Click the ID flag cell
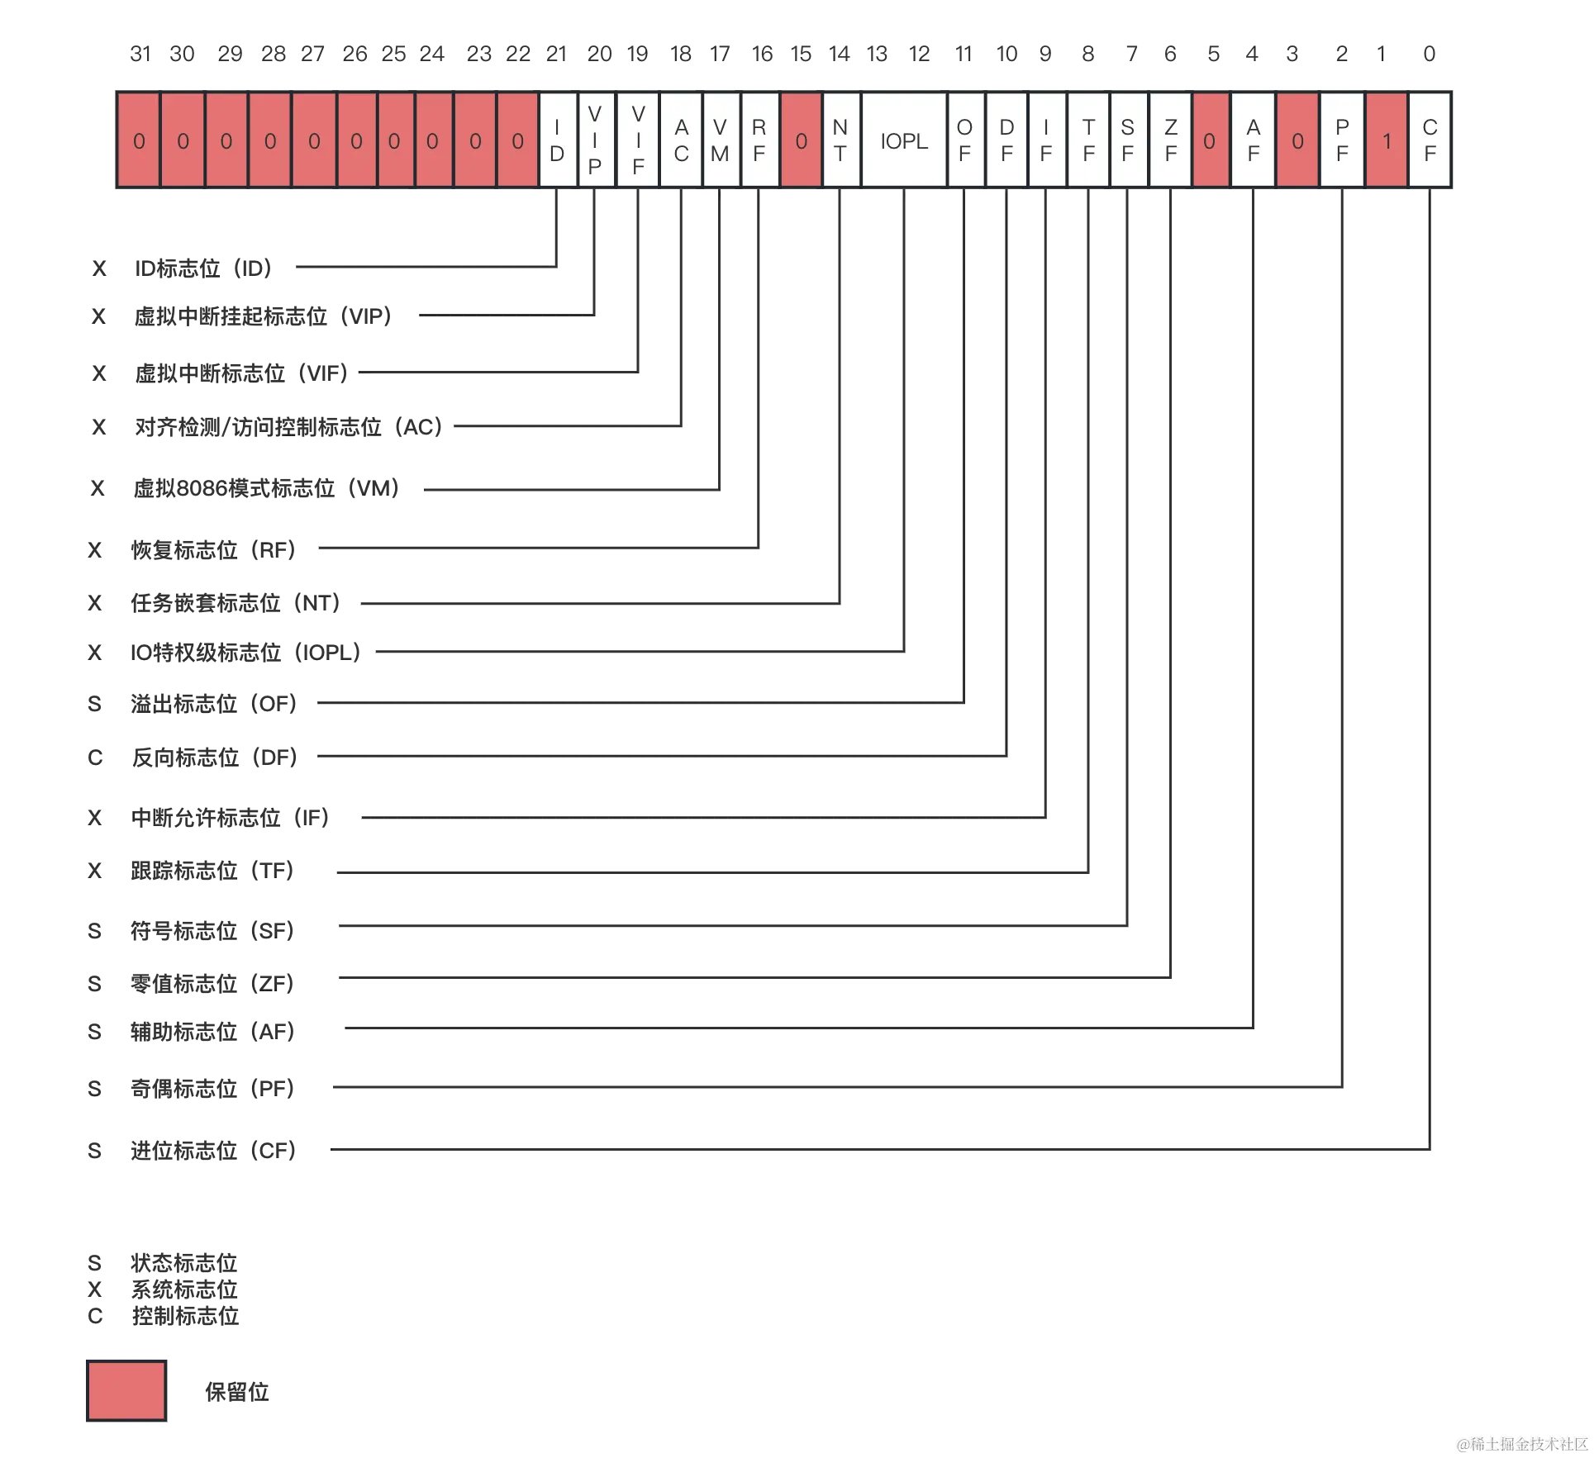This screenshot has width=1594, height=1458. [557, 140]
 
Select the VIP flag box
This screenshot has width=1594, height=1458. [595, 140]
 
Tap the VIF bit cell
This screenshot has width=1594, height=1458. [638, 140]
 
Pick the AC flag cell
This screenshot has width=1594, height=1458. [681, 140]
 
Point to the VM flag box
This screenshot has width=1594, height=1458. [720, 140]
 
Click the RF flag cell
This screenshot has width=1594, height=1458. [759, 140]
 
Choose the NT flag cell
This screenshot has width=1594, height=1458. [840, 140]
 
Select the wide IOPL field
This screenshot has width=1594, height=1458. [904, 140]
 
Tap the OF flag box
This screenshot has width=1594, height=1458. [964, 140]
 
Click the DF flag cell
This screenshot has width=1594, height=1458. [1006, 140]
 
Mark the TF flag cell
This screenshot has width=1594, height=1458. [1088, 140]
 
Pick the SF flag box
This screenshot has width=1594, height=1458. [1128, 140]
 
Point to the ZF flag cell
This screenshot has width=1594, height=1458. [1170, 140]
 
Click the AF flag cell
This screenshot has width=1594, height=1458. [1253, 140]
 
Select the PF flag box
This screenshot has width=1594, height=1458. [1342, 140]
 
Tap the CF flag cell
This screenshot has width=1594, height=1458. [1430, 140]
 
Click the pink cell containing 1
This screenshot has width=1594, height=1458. [1387, 140]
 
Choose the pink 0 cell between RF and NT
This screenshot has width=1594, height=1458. [801, 140]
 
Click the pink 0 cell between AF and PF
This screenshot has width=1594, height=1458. [1297, 140]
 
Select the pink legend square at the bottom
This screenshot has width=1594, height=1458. [126, 1391]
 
